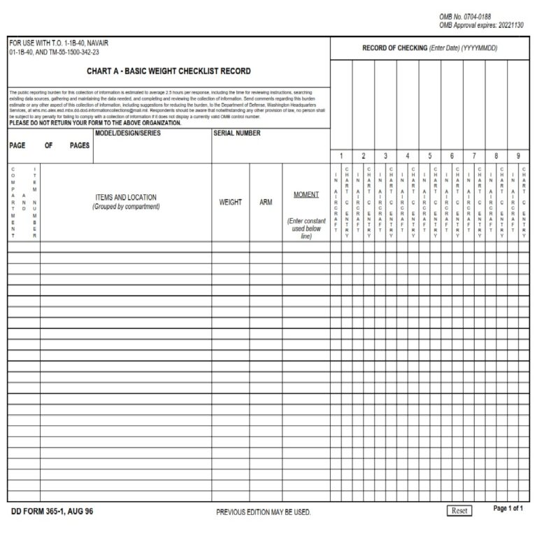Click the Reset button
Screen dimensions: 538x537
(459, 511)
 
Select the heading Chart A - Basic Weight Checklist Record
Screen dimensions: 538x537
(169, 71)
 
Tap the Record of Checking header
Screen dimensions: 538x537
(429, 48)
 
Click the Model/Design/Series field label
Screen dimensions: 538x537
(127, 133)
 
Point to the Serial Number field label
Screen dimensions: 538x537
(237, 133)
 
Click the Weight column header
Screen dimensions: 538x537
(230, 202)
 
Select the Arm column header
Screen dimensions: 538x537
(266, 202)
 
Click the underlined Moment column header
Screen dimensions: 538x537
(306, 194)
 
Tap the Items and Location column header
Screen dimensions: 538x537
(126, 198)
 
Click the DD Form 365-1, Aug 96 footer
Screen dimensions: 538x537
(52, 511)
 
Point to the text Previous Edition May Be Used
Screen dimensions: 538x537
(263, 512)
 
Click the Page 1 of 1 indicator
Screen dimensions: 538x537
(508, 509)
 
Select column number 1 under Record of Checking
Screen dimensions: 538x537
(341, 156)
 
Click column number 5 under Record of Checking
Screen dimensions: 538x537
(429, 156)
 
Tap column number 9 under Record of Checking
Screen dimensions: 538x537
(517, 156)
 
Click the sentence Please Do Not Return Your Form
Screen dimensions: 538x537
(95, 122)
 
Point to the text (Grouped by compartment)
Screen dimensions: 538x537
(126, 207)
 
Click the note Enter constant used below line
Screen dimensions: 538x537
(306, 228)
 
